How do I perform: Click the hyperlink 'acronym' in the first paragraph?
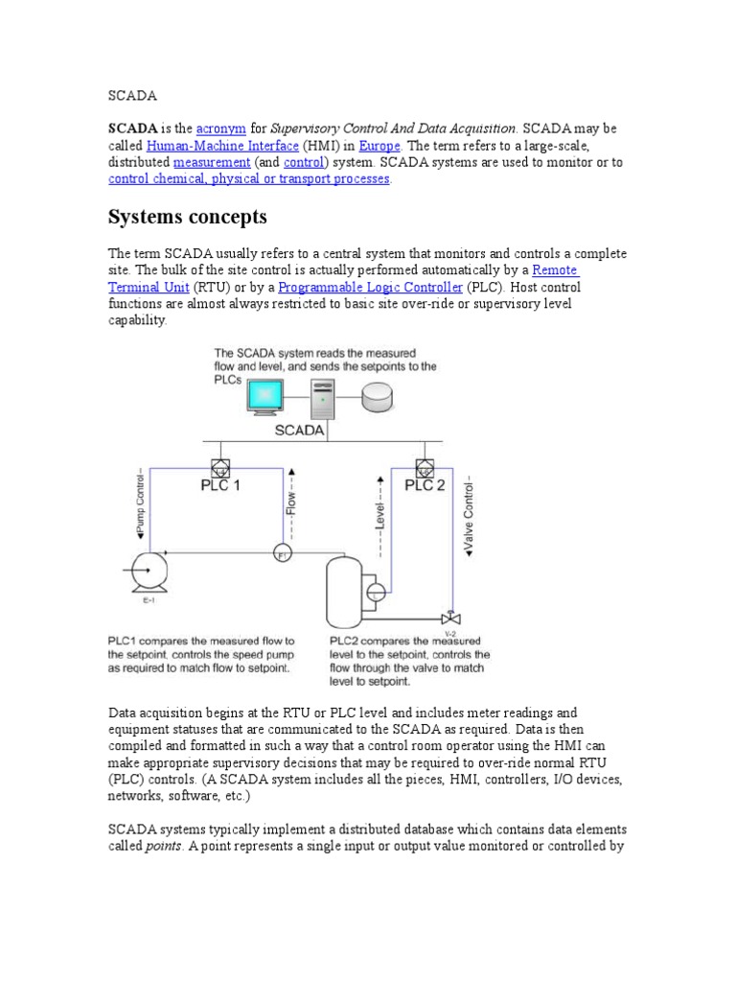pyautogui.click(x=220, y=128)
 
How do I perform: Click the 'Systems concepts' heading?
pyautogui.click(x=188, y=217)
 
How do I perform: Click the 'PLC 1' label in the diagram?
pyautogui.click(x=220, y=485)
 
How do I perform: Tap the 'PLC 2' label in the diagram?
pyautogui.click(x=424, y=485)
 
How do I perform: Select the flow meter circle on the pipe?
pyautogui.click(x=282, y=555)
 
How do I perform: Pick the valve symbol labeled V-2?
pyautogui.click(x=447, y=618)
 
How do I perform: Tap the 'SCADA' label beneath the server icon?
pyautogui.click(x=299, y=431)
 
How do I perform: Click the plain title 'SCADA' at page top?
pyautogui.click(x=132, y=96)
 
